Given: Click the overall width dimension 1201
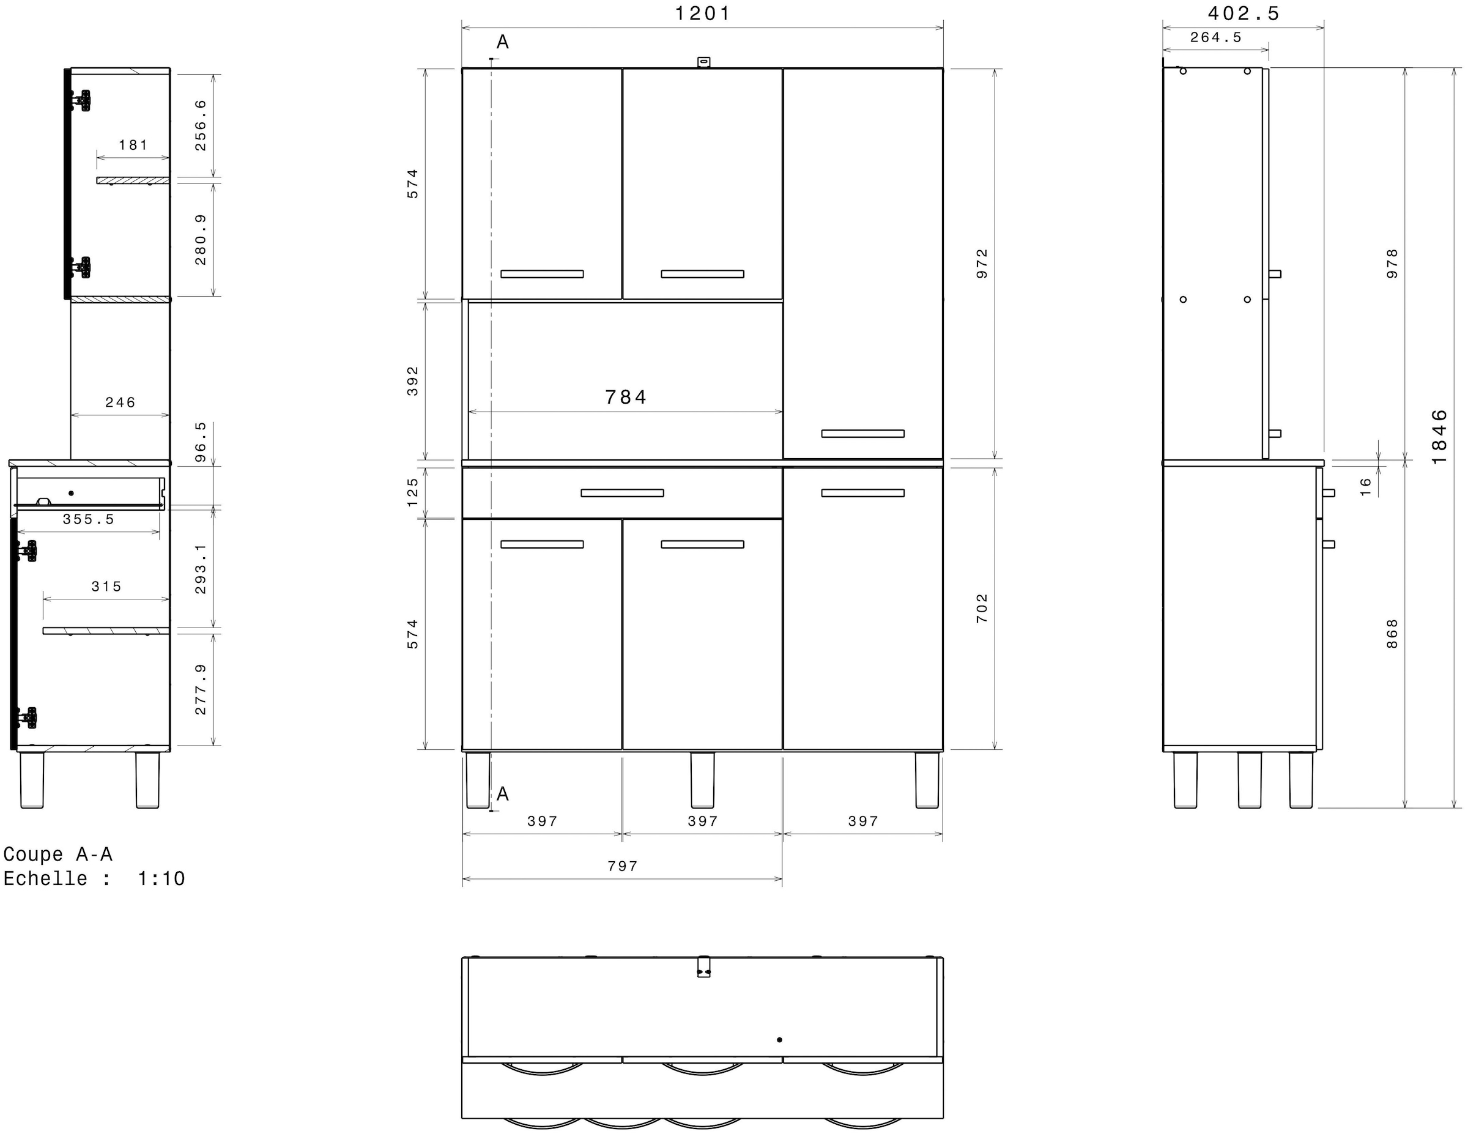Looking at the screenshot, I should (702, 13).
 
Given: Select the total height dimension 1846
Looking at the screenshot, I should (1439, 437).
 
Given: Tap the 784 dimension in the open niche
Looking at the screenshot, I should (625, 398).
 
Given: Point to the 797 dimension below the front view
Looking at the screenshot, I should (623, 867).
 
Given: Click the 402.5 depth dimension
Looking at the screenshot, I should (1244, 13).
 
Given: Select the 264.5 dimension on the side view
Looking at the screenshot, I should (1216, 38).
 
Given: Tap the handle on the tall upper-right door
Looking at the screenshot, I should (862, 434).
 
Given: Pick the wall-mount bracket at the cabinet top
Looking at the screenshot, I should (703, 62).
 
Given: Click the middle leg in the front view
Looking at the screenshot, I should (702, 780).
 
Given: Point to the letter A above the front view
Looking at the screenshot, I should (502, 42).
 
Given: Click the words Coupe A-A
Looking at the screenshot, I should (58, 854).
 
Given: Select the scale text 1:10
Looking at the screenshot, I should (161, 878).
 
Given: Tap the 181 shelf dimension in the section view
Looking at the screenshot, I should (133, 145).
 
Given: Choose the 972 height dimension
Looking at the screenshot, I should (982, 264).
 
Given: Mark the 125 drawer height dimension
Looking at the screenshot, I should (413, 492).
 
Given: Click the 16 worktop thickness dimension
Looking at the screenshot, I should (1365, 487).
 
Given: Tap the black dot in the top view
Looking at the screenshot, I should (779, 1040).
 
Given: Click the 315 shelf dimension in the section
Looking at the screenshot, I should (106, 587).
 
